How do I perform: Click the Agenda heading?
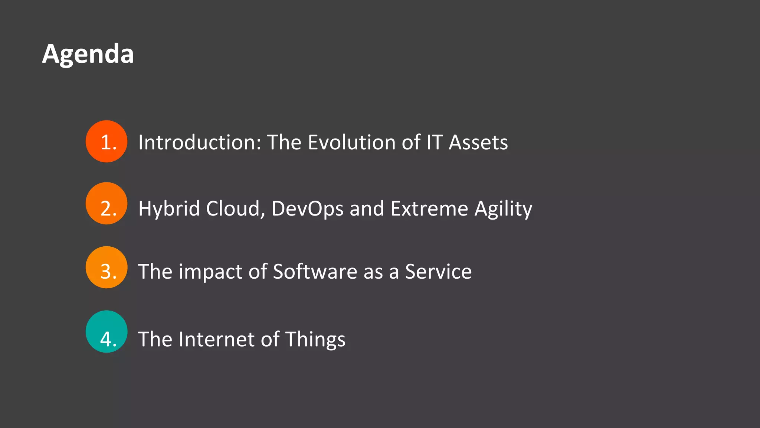pos(88,54)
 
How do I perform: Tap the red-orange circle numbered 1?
pos(107,142)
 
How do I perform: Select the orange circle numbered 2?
pos(107,204)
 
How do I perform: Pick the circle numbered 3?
pos(107,267)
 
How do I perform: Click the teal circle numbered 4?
pos(107,332)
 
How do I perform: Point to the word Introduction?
pos(200,142)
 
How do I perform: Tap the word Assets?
pos(478,142)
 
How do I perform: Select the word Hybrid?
pos(169,208)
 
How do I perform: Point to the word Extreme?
pos(429,208)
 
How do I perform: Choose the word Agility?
pos(503,208)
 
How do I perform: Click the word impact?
pos(210,272)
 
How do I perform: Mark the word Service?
pos(438,272)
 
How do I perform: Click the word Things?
pos(315,339)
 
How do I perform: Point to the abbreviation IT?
pos(435,142)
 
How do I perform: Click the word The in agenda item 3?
pos(155,272)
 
